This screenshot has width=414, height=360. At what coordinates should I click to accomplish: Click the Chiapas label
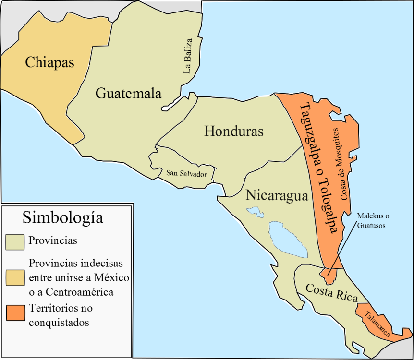tap(50, 62)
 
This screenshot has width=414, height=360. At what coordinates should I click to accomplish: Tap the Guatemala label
tap(128, 93)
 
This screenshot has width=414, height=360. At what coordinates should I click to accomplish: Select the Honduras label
tap(234, 131)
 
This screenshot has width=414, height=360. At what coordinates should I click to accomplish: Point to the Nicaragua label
tap(277, 195)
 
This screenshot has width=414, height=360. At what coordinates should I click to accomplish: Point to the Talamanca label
tap(377, 324)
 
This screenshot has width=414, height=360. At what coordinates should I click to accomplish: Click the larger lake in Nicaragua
tap(288, 238)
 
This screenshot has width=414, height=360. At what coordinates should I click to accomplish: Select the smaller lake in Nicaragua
tap(255, 212)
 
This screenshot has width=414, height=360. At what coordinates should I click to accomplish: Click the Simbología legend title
tap(62, 217)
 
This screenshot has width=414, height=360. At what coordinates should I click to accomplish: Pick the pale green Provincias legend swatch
tap(15, 242)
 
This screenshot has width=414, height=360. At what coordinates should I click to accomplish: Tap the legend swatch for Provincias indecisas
tap(15, 278)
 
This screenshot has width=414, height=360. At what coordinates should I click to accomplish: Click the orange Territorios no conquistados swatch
tap(15, 312)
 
